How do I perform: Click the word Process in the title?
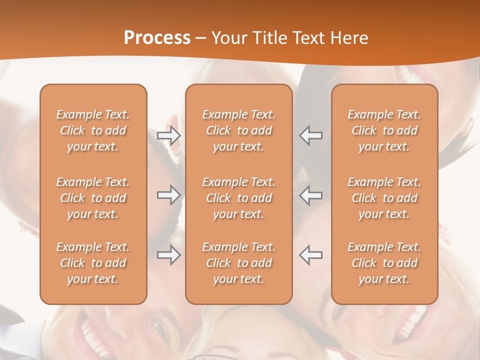point(157,38)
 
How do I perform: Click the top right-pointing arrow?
point(168,135)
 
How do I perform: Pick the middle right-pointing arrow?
point(168,195)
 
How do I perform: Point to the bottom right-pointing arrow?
point(168,255)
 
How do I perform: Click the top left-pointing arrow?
point(311,135)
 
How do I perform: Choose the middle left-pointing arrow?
point(311,195)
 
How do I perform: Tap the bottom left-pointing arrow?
point(311,254)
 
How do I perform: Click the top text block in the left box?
point(93,130)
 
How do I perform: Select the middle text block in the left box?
point(93,198)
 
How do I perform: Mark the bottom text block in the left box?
point(93,263)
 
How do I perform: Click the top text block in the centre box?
point(239,130)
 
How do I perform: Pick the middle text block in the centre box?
point(239,198)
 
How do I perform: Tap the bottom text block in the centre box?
point(239,263)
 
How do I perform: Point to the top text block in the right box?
point(384,130)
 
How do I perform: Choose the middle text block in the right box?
point(384,198)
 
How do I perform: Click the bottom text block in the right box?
point(384,263)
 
